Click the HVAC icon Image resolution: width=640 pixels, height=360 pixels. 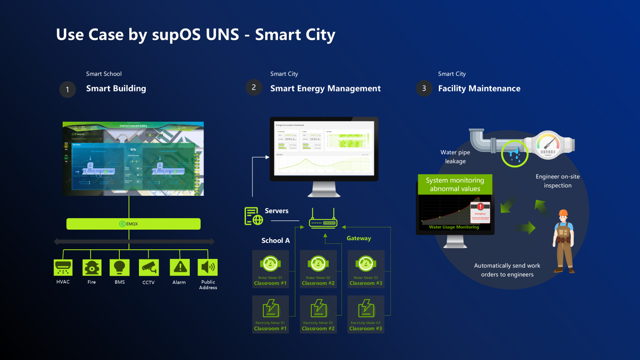pos(63,267)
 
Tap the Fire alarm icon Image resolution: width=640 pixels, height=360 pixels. pos(92,267)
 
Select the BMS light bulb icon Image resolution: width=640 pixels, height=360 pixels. pos(119,267)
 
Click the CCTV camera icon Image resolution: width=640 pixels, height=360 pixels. pos(149,267)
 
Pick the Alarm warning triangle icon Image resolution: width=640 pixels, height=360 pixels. pos(179,267)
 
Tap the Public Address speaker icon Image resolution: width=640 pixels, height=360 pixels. pos(208,267)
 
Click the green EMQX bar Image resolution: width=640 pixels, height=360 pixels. pos(133,224)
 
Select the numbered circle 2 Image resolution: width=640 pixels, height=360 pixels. pos(254,87)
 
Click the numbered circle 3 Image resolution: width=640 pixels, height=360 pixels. pos(424,88)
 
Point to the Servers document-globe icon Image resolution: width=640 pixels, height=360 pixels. pos(254,216)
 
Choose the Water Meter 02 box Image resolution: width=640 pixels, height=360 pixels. pos(318,269)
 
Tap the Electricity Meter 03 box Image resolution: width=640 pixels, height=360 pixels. pos(366,314)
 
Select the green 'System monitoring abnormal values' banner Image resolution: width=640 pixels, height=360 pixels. pos(455,184)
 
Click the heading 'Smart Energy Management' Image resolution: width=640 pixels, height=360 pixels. pos(325,89)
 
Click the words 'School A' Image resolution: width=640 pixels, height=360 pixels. pos(276,241)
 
